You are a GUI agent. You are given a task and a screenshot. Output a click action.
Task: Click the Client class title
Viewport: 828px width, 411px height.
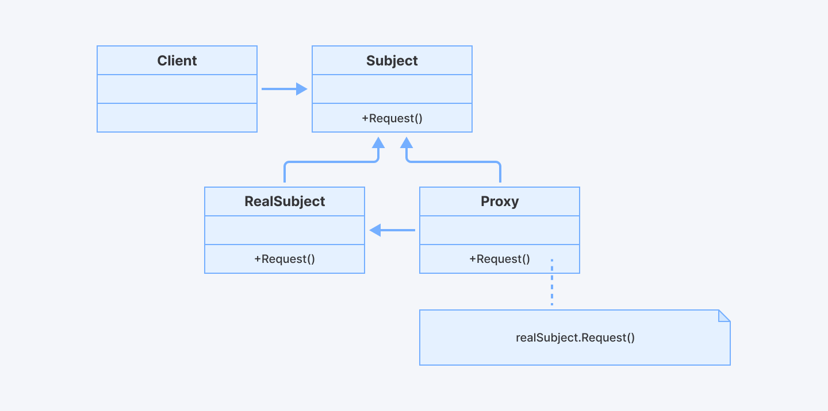tap(177, 61)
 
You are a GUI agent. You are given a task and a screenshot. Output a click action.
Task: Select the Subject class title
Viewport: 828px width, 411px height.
tap(392, 61)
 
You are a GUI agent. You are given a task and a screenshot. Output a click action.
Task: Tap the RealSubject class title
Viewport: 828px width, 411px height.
tap(285, 201)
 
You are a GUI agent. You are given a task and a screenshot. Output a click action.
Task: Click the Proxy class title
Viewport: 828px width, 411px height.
tap(500, 201)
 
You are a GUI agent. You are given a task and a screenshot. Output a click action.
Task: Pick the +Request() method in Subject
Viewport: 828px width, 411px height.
tap(392, 118)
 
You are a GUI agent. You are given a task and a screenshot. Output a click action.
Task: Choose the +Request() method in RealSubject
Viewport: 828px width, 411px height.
tap(285, 259)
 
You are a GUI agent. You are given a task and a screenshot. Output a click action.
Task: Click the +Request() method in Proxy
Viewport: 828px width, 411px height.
tap(500, 259)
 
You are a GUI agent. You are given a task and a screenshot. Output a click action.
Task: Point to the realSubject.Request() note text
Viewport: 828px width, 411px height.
tap(575, 338)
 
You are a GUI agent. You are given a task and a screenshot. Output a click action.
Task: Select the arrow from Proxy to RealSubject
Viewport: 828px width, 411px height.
tap(394, 230)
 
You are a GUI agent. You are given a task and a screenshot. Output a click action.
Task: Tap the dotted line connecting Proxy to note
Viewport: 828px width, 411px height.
tap(552, 284)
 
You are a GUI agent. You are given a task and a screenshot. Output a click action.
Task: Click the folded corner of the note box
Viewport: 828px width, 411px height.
tap(724, 316)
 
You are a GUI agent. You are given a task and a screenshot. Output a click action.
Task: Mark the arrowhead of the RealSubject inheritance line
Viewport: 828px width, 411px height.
tap(378, 142)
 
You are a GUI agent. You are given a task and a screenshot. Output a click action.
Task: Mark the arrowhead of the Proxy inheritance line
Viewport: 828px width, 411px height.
tap(407, 142)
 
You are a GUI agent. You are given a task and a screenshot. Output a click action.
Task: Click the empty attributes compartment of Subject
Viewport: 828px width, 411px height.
tap(392, 89)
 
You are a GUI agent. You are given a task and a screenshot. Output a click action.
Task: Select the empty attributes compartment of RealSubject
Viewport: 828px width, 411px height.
tap(285, 230)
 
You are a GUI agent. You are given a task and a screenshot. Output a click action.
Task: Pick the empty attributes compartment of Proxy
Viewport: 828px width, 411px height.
tap(500, 230)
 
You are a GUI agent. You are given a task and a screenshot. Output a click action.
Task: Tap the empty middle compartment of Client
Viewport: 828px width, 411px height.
tap(177, 89)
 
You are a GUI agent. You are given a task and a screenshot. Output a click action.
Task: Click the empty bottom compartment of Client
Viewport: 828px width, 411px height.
tap(177, 118)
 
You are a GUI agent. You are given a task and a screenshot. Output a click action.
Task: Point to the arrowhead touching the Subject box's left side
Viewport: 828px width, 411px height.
tap(302, 89)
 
